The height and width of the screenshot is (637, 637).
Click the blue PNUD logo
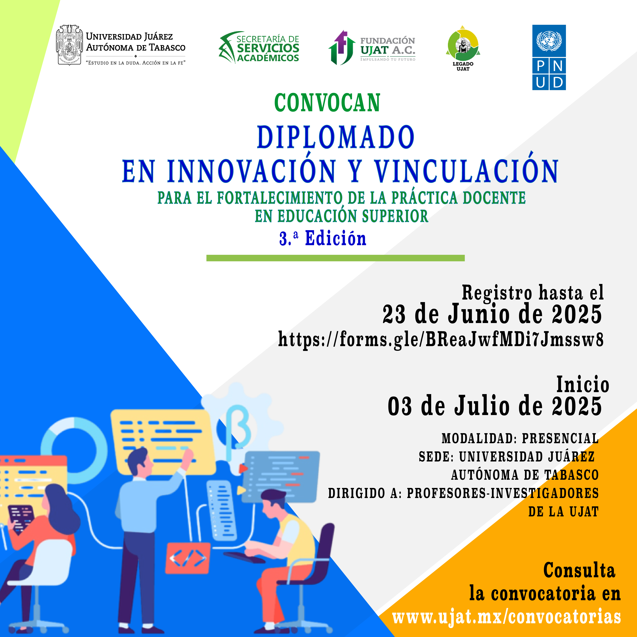(549, 57)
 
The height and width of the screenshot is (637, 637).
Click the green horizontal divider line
(335, 258)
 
